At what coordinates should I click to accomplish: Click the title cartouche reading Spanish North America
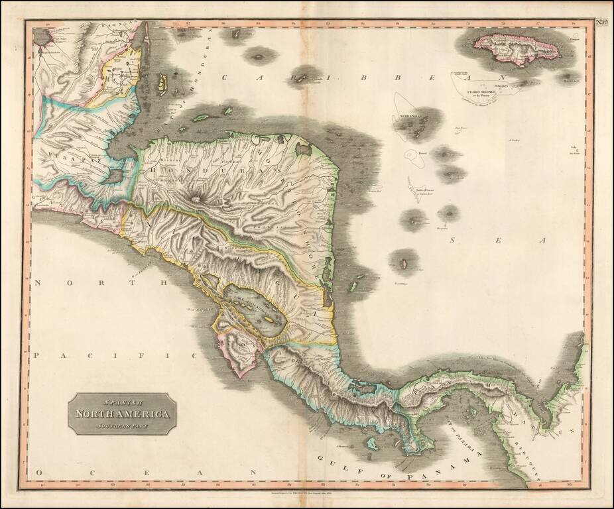(x=122, y=414)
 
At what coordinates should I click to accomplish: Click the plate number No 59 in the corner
(x=601, y=23)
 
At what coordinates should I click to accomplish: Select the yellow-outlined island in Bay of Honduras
(x=162, y=84)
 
